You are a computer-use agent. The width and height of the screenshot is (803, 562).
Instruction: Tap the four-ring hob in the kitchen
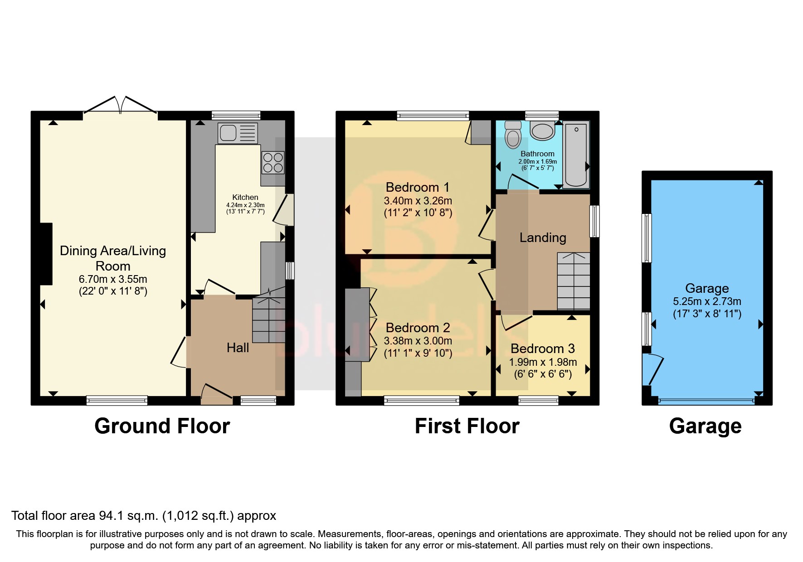click(273, 163)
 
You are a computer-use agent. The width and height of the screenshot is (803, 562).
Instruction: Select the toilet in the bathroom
click(513, 135)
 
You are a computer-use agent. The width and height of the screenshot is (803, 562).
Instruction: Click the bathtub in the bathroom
click(576, 155)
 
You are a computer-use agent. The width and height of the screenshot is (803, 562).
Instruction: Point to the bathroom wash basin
click(542, 131)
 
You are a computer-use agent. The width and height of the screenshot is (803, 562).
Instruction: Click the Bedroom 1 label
click(417, 187)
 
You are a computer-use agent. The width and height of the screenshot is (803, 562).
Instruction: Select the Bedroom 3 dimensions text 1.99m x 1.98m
click(543, 362)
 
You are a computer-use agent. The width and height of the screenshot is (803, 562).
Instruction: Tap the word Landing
click(542, 237)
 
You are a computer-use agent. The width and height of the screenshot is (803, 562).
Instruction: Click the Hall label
click(238, 348)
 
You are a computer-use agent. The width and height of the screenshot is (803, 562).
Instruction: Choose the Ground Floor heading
click(162, 426)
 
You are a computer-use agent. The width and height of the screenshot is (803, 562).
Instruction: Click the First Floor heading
click(467, 426)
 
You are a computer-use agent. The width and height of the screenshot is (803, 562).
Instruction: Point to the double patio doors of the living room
click(120, 105)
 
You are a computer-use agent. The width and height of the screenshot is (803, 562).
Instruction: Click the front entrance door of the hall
click(217, 394)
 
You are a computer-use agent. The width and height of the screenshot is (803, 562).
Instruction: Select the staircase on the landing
click(574, 281)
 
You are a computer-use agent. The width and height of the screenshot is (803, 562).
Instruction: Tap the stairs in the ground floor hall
click(268, 320)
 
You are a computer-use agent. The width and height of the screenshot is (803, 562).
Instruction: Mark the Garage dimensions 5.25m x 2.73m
click(706, 301)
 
